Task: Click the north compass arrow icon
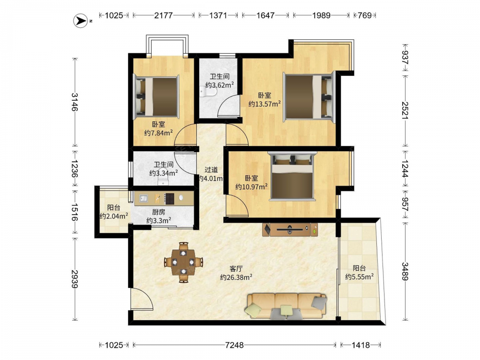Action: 81,21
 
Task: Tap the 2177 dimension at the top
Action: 164,15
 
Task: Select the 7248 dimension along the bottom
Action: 235,345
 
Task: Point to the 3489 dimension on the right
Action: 405,271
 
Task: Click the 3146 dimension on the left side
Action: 75,102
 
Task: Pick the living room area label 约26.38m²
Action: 236,277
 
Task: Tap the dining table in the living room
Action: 183,262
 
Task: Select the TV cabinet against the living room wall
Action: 290,229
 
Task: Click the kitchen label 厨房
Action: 158,212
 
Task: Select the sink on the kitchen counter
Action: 144,198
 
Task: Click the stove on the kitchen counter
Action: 169,198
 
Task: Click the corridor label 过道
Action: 211,169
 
